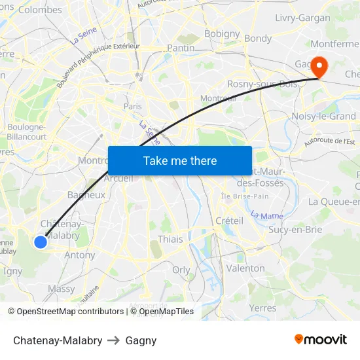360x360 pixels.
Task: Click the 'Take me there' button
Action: pyautogui.click(x=180, y=160)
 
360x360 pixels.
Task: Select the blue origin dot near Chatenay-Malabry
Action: pyautogui.click(x=41, y=242)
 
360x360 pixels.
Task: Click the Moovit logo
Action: pyautogui.click(x=321, y=340)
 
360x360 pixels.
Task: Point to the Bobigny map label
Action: pyautogui.click(x=222, y=33)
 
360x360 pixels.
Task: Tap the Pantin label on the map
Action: pyautogui.click(x=181, y=48)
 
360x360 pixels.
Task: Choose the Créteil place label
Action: pyautogui.click(x=229, y=221)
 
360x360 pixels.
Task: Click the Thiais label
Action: pyautogui.click(x=170, y=239)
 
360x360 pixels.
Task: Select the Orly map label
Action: pyautogui.click(x=181, y=270)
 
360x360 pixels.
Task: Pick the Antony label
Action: pyautogui.click(x=80, y=255)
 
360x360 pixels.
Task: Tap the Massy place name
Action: pyautogui.click(x=62, y=288)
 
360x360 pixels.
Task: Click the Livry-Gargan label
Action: pyautogui.click(x=303, y=18)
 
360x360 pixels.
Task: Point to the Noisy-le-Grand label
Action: pyautogui.click(x=323, y=117)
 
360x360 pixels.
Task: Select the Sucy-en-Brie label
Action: pyautogui.click(x=295, y=229)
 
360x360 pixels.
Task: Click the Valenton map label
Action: pyautogui.click(x=245, y=268)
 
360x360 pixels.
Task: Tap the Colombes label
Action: pyautogui.click(x=40, y=10)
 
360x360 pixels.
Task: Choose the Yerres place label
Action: pyautogui.click(x=262, y=307)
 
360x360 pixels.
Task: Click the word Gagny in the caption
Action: pyautogui.click(x=141, y=340)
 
